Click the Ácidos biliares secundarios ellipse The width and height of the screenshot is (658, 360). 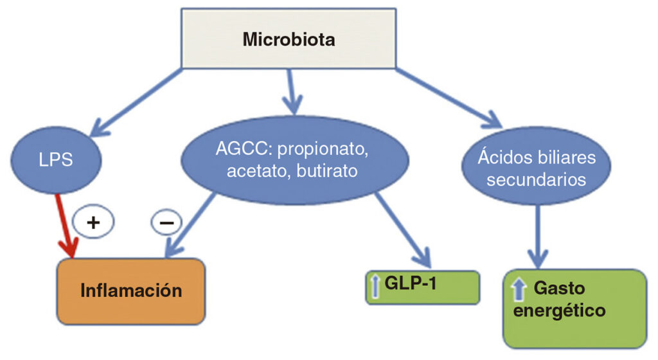[536, 168]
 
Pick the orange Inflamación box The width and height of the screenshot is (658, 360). [131, 291]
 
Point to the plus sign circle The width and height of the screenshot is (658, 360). [94, 222]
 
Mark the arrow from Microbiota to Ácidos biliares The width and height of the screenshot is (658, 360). [450, 96]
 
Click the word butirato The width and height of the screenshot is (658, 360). [333, 172]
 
